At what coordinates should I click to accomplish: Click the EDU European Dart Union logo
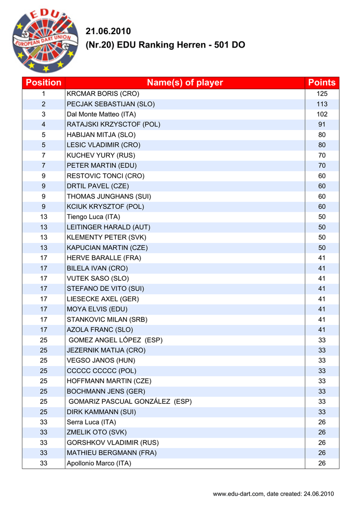pos(44,41)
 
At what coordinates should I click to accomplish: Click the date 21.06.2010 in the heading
pos(108,32)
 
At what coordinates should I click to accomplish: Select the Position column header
pos(44,82)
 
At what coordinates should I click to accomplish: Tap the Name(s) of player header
pos(185,82)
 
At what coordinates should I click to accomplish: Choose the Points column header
pos(322,82)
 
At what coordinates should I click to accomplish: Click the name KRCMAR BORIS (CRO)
pos(103,93)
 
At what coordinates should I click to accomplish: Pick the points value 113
pos(322,104)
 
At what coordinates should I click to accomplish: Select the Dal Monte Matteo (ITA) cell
pos(101,114)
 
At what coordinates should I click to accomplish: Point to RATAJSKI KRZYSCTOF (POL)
pos(113,125)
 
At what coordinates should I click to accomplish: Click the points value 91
pos(322,125)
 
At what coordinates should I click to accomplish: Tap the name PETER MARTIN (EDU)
pos(101,165)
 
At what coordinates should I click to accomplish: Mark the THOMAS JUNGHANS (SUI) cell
pos(109,196)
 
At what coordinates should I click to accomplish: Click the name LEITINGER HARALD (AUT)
pos(108,227)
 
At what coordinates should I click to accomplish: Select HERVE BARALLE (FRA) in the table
pos(104,258)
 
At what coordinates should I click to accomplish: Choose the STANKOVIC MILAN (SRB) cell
pos(107,319)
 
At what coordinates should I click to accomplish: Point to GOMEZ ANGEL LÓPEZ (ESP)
pos(115,340)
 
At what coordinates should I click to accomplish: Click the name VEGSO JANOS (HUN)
pos(101,361)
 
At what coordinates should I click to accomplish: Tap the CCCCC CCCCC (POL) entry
pos(101,371)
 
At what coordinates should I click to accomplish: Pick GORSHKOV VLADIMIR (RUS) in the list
pos(113,443)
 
